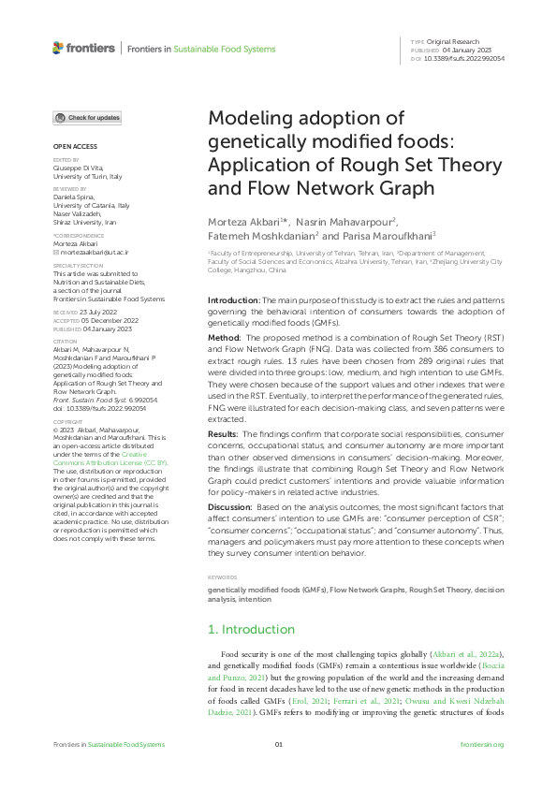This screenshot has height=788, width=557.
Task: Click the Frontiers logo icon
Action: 58,48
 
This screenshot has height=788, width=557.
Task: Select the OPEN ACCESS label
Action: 75,147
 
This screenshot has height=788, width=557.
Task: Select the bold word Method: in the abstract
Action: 224,334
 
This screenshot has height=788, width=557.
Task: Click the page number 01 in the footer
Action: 278,745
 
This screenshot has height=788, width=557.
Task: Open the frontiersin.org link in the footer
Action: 482,745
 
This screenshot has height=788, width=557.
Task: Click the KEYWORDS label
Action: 223,577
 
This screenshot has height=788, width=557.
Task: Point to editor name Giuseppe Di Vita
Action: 81,168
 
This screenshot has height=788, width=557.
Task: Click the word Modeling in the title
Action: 256,118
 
